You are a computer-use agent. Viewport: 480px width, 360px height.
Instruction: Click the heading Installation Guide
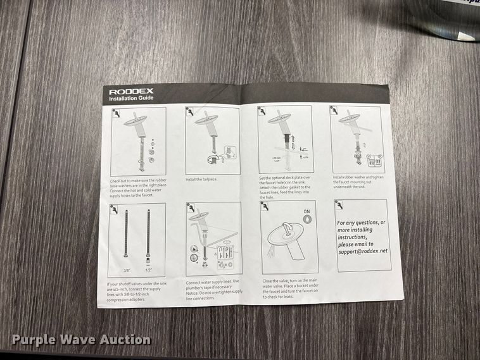click(x=130, y=99)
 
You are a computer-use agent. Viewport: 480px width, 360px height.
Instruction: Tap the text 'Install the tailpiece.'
click(x=201, y=179)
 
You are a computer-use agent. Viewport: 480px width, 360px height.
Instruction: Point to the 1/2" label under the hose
click(x=149, y=269)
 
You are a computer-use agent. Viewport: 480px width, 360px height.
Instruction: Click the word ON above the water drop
click(x=306, y=211)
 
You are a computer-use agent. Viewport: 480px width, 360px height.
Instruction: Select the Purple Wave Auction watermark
click(x=81, y=340)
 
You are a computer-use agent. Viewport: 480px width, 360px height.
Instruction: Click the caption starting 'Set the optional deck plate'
click(x=286, y=187)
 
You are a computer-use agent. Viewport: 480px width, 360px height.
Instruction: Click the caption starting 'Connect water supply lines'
click(x=213, y=290)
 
